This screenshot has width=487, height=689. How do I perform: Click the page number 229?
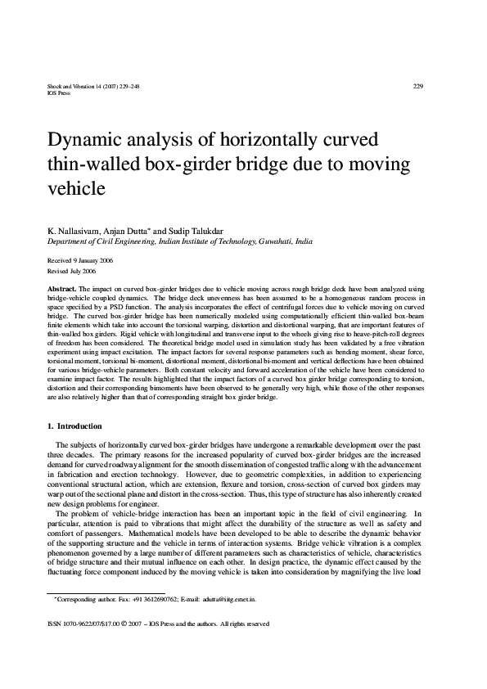coord(417,86)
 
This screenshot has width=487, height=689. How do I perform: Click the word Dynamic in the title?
coord(86,138)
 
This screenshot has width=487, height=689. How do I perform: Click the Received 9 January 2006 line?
coord(81,259)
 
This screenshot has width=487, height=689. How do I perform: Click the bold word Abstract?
coord(62,290)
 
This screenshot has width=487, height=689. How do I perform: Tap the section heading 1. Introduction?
coord(74,426)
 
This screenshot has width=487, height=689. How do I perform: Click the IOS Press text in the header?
coord(60,93)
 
